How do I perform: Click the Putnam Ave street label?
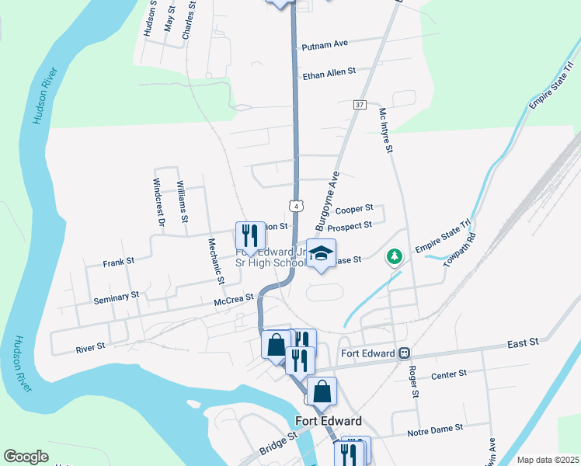[325, 45]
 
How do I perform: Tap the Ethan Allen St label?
[329, 71]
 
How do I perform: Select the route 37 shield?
[359, 104]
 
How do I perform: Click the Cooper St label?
[354, 209]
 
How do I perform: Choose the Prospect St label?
[350, 227]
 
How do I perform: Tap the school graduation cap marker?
[321, 254]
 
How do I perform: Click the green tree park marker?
[395, 256]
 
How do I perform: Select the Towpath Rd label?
[461, 249]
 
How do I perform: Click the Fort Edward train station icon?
[404, 353]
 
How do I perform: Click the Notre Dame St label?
[435, 428]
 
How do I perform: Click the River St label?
[90, 348]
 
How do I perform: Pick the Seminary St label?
[116, 297]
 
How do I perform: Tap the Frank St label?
[119, 263]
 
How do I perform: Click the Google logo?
[26, 457]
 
